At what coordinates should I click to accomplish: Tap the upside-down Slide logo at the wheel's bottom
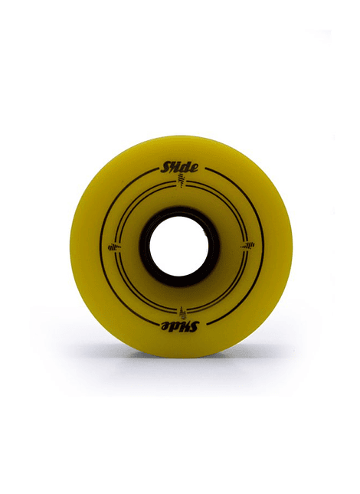pyautogui.click(x=179, y=327)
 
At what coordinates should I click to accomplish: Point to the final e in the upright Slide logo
pyautogui.click(x=195, y=168)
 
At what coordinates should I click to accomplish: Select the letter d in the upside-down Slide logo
pyautogui.click(x=175, y=327)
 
